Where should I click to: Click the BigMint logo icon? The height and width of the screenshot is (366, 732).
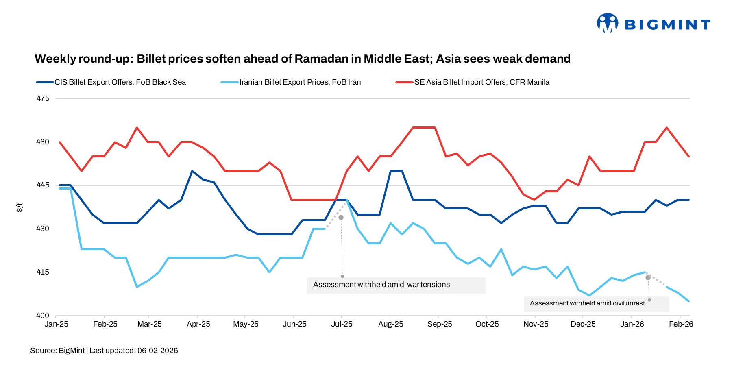pos(607,23)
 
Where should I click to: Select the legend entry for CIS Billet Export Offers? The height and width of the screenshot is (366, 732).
pos(120,82)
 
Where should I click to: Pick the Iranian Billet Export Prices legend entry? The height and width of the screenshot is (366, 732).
pos(300,82)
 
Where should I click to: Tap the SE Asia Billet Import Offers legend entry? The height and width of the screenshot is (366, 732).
pos(481,82)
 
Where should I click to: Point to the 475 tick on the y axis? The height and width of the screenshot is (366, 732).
pos(43,98)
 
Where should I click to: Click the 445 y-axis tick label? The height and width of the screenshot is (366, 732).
pos(43,185)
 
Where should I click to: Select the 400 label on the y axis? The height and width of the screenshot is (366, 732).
pos(43,315)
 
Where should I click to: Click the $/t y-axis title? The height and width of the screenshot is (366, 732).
pos(20,207)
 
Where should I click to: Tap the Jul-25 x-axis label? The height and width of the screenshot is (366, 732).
pos(342,324)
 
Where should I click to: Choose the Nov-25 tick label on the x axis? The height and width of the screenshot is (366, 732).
pos(536,324)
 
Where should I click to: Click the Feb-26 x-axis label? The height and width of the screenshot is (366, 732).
pos(681,324)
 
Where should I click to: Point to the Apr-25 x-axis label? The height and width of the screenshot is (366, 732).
pos(198,324)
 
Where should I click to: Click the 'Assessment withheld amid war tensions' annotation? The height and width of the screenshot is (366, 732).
pos(381,285)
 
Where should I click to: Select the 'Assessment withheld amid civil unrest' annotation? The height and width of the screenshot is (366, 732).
pos(587,303)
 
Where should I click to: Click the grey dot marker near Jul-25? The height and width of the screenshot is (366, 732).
pos(341,218)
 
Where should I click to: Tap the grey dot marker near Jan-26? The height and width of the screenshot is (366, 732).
pos(648,278)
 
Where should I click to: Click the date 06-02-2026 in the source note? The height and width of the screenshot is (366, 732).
pos(157,351)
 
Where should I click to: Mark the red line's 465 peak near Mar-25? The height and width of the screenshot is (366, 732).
pos(137,128)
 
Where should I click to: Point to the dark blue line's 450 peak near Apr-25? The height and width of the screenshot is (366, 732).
pos(192,171)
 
